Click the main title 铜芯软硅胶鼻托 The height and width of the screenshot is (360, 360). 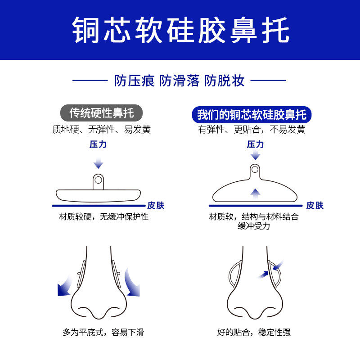coord(180,30)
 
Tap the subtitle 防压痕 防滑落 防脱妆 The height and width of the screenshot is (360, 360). coord(180,81)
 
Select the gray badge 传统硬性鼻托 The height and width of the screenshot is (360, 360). coord(101,112)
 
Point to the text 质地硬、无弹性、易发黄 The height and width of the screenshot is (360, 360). coord(101,130)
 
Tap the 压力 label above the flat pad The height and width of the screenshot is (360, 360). coord(98,144)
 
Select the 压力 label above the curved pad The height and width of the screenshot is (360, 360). coord(255,144)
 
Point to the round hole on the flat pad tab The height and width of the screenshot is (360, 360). coord(99,180)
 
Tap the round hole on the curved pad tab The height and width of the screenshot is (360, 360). coord(255,170)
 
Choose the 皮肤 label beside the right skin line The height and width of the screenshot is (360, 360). coord(315,206)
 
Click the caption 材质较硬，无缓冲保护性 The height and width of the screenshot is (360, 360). coord(104,217)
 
